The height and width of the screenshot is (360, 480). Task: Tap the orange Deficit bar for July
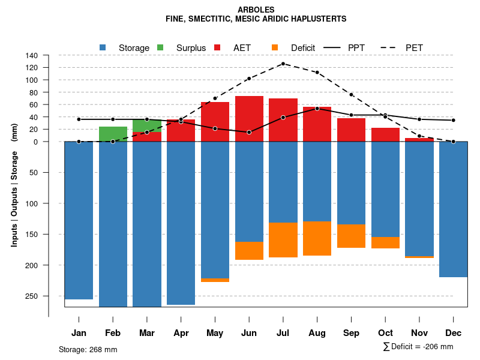click(283, 240)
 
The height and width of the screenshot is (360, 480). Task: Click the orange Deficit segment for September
click(352, 236)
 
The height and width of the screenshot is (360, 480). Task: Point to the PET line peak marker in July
click(283, 64)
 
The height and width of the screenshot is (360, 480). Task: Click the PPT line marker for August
click(317, 109)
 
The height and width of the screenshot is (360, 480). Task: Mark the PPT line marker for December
click(454, 120)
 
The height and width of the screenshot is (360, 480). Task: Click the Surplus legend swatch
click(160, 47)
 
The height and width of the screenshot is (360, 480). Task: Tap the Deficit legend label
click(303, 47)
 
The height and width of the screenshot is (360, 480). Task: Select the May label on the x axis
click(215, 333)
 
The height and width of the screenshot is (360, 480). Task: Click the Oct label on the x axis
click(386, 333)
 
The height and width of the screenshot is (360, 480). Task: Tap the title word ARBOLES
click(256, 10)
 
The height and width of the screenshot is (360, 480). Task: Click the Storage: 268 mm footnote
click(88, 349)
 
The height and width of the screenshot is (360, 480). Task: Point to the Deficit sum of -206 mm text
click(418, 346)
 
